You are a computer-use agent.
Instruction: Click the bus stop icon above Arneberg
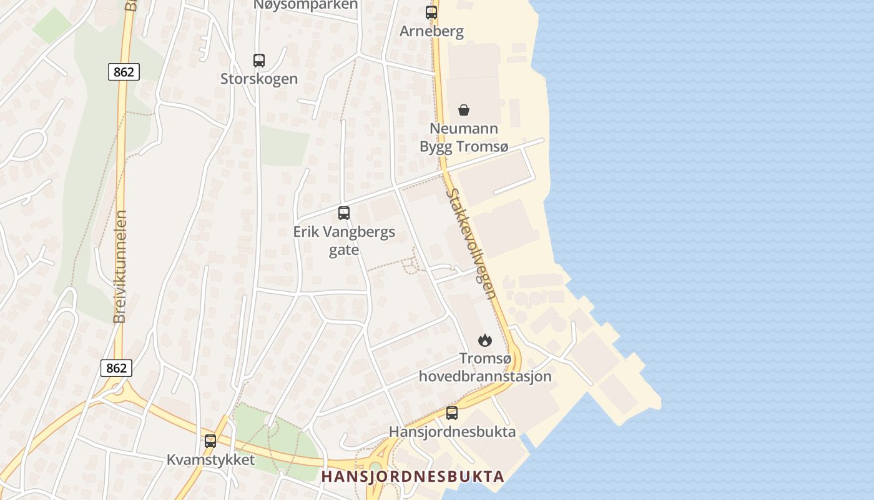431,12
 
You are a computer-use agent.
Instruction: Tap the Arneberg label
431,31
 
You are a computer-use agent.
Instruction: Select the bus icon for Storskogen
259,61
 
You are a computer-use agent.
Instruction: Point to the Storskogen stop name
259,79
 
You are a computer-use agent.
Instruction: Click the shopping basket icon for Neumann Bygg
464,110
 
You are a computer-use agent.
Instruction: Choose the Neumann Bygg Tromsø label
464,137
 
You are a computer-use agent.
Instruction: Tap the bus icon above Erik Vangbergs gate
344,213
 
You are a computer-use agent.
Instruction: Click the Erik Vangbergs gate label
344,241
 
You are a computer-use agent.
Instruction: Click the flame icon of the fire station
485,340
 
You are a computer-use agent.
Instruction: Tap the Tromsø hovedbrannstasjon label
485,367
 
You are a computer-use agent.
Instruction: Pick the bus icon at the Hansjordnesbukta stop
451,413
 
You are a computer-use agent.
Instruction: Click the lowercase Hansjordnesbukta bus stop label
452,432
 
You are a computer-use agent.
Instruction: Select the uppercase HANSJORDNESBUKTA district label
412,476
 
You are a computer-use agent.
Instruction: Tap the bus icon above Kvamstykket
210,441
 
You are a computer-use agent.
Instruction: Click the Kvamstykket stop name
210,460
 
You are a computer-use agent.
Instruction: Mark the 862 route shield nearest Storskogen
124,72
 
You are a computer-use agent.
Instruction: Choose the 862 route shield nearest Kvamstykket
116,368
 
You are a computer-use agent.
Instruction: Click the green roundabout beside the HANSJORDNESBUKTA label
375,468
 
